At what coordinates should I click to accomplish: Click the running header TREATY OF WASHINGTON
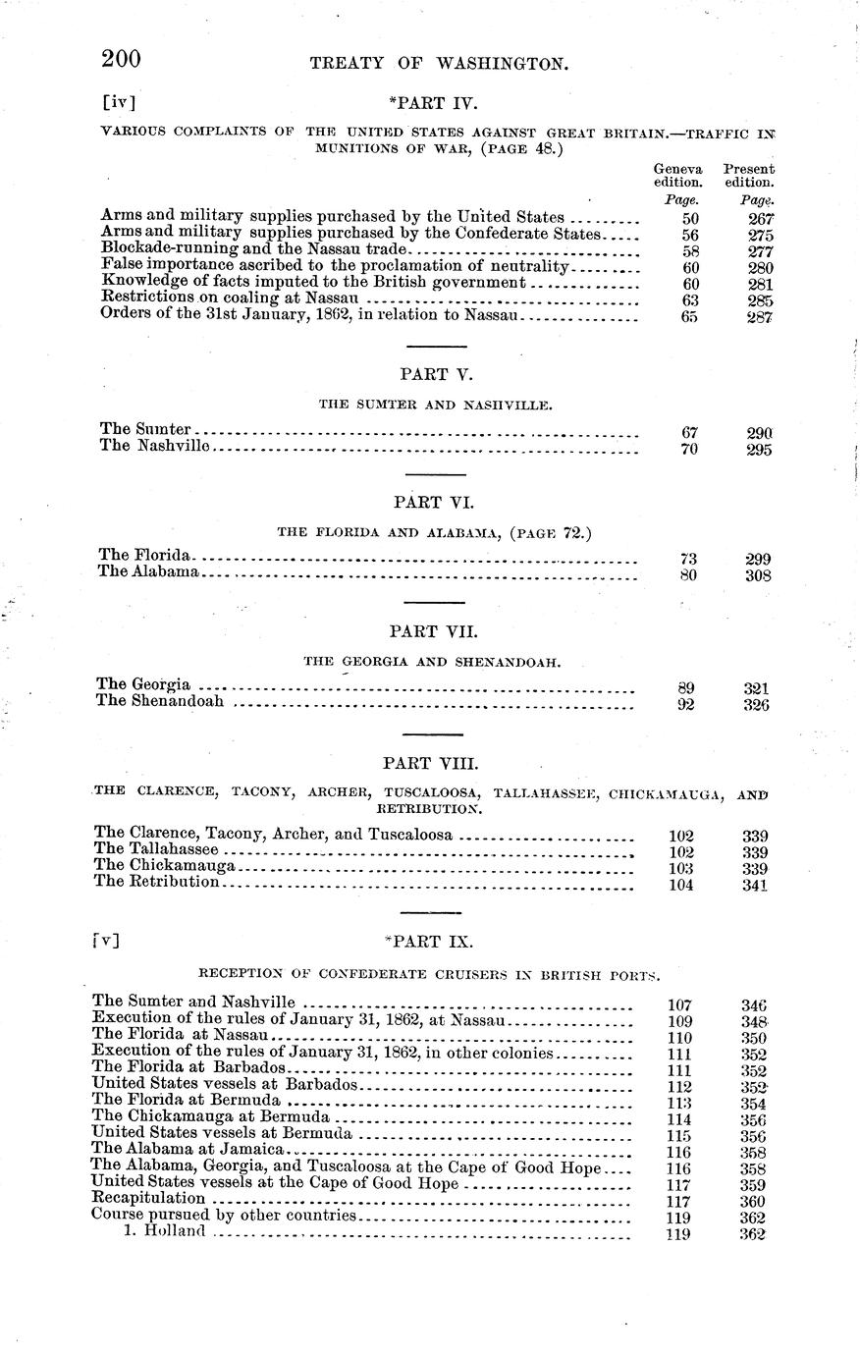click(x=439, y=64)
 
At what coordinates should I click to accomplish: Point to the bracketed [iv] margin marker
click(x=119, y=100)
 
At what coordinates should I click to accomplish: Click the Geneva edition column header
click(x=678, y=176)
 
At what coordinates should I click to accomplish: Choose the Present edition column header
click(x=749, y=176)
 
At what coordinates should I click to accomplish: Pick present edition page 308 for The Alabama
click(x=757, y=576)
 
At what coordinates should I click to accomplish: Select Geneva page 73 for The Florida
click(x=688, y=559)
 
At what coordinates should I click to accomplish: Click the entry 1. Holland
click(x=164, y=1232)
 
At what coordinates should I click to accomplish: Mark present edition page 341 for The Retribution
click(x=755, y=885)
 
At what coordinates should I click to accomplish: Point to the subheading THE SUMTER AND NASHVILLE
click(x=434, y=404)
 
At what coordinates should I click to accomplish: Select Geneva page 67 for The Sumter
click(x=688, y=433)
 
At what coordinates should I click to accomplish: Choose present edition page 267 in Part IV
click(x=759, y=219)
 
